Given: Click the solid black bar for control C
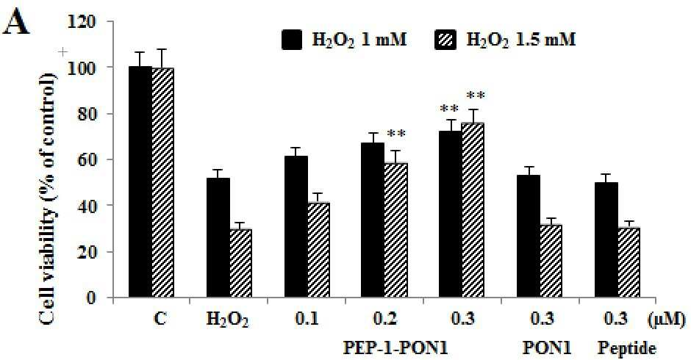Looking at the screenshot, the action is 140,182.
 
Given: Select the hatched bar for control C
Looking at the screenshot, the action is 163,183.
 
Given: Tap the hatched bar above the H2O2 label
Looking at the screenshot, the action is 240,264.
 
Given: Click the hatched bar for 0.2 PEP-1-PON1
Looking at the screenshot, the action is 395,231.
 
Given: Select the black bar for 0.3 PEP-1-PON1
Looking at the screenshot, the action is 451,214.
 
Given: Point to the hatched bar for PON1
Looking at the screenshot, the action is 551,262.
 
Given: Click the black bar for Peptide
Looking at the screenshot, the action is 606,240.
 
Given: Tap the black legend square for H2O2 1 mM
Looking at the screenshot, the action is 292,40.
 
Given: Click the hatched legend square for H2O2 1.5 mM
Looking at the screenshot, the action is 445,40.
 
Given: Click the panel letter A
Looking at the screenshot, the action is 16,24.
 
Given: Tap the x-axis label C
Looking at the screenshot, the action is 161,318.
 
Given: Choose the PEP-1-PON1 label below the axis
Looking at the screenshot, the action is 395,348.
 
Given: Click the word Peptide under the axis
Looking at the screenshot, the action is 626,349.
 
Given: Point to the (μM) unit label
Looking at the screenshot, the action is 666,319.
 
